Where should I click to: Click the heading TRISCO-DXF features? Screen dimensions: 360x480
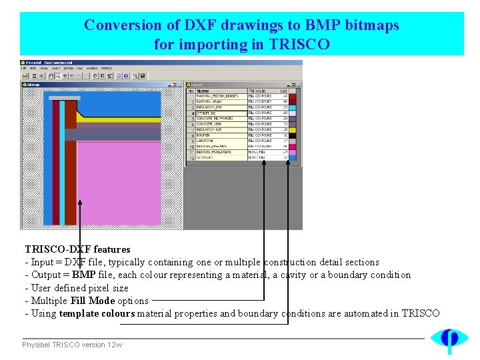(77, 249)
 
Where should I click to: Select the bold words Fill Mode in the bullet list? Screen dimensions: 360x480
(93, 301)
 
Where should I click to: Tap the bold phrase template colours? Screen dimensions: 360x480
(97, 313)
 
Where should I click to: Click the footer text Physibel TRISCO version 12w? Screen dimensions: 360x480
(72, 345)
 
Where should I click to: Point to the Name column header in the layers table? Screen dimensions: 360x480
(203, 91)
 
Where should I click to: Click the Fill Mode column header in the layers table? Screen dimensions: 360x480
(257, 91)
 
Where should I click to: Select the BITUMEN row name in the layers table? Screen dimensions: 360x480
(205, 135)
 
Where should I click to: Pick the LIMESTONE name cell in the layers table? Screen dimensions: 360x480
(207, 141)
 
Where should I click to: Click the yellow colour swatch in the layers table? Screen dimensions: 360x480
(292, 129)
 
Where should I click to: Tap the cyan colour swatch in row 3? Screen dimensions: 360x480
(292, 107)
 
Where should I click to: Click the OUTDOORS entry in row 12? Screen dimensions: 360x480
(205, 157)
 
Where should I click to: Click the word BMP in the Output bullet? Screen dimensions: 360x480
(84, 275)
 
